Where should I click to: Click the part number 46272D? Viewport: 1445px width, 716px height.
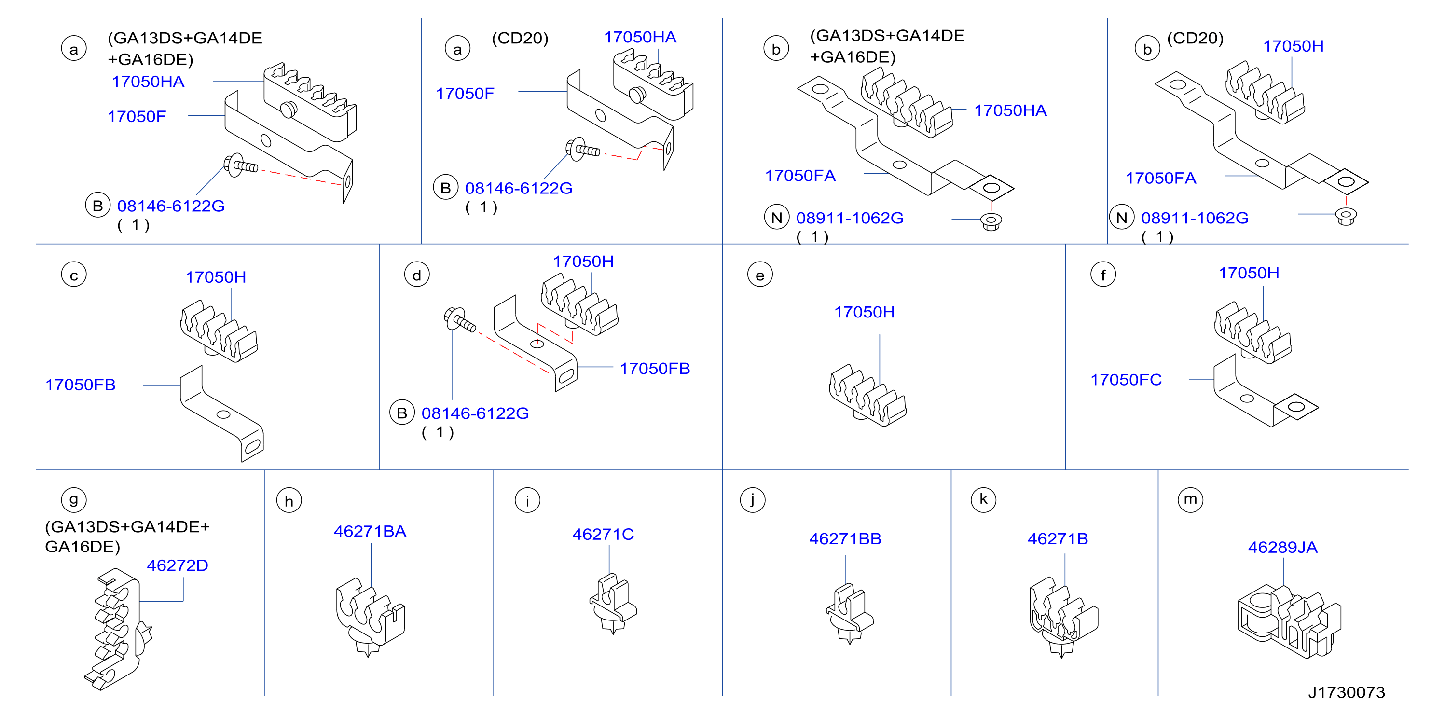tap(177, 565)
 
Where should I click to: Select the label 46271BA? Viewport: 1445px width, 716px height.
tap(370, 531)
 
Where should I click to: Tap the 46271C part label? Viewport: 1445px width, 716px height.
tap(603, 534)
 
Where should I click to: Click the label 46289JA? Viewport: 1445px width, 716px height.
tap(1282, 547)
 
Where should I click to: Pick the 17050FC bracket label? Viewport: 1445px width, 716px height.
tap(1126, 380)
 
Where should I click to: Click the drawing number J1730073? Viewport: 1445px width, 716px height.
tap(1346, 692)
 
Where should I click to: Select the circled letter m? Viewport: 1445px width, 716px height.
tap(1190, 499)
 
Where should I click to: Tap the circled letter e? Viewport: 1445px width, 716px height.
tap(760, 275)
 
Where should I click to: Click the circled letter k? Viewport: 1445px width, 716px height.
tap(983, 499)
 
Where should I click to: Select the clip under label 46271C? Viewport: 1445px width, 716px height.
tap(613, 604)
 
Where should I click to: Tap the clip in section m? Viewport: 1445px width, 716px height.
tap(1289, 622)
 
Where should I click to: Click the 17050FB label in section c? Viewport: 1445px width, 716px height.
tap(80, 385)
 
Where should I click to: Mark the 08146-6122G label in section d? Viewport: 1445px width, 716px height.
tap(475, 413)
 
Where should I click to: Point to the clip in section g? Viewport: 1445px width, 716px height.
tap(118, 629)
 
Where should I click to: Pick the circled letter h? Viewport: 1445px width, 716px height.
tap(289, 500)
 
